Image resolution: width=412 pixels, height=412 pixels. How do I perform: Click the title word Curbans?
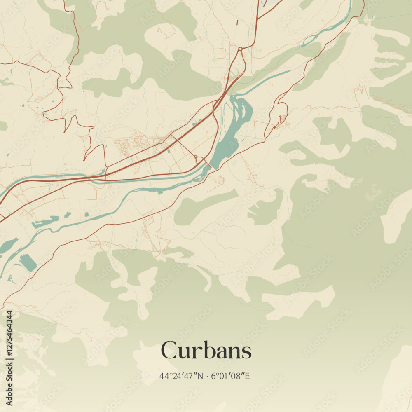(206, 351)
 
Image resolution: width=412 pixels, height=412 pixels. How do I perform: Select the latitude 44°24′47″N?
(181, 376)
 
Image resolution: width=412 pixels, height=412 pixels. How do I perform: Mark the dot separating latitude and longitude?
(208, 376)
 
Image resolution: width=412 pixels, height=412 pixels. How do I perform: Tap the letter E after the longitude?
(248, 376)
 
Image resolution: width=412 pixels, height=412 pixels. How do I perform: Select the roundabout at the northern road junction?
(240, 49)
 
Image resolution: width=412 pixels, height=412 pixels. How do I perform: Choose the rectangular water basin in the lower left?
(28, 262)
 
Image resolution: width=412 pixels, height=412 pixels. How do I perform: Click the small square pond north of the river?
(87, 214)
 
